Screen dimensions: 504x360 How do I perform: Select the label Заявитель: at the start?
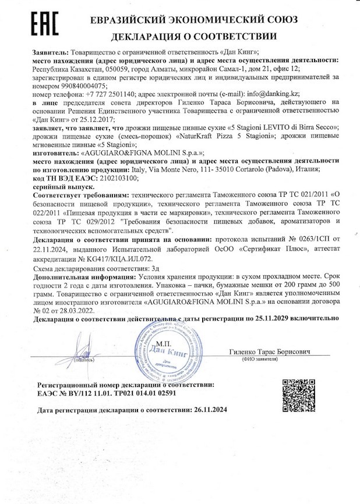51,52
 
